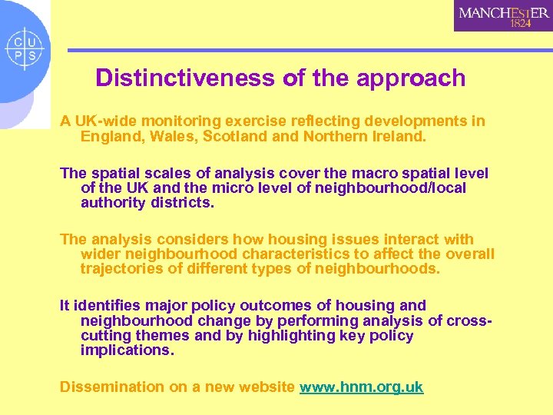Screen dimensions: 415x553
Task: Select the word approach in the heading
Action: [413, 78]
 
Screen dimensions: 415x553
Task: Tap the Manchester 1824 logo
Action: [503, 15]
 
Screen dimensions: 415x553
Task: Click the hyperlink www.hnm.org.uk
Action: [361, 387]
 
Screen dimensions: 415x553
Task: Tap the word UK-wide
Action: [104, 121]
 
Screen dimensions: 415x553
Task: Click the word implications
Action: [126, 350]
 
